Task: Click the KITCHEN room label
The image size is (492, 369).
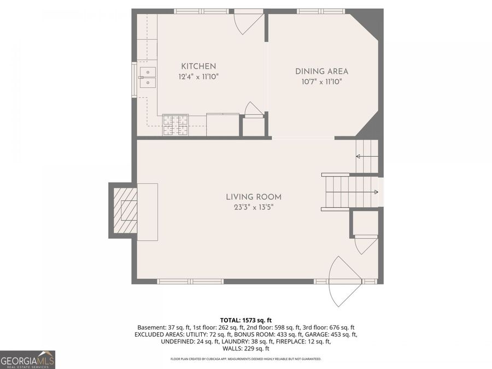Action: pyautogui.click(x=198, y=66)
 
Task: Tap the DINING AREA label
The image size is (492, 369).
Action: pyautogui.click(x=321, y=71)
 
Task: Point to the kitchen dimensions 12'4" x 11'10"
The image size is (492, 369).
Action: pyautogui.click(x=198, y=77)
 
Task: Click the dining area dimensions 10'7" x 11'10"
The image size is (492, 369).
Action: pyautogui.click(x=321, y=81)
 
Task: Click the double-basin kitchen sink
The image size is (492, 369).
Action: pyautogui.click(x=147, y=77)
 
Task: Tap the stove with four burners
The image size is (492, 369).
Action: pyautogui.click(x=175, y=125)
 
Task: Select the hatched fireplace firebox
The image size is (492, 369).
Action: pyautogui.click(x=125, y=210)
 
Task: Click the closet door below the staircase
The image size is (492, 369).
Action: pyautogui.click(x=365, y=244)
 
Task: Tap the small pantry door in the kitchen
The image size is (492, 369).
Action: pyautogui.click(x=253, y=110)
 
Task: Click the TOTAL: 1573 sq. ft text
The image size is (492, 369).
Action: pyautogui.click(x=245, y=320)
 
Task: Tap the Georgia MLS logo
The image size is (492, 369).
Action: pyautogui.click(x=27, y=360)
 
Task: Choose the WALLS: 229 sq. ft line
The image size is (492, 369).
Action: pyautogui.click(x=245, y=349)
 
